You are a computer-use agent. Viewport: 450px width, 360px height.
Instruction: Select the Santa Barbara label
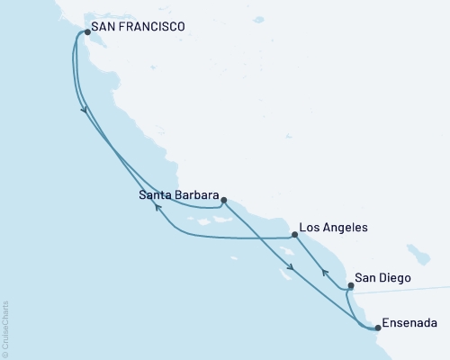coord(178,193)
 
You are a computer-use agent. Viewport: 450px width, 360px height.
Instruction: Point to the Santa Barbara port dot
coord(224,201)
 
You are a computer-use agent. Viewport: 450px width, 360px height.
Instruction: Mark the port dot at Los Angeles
coord(294,235)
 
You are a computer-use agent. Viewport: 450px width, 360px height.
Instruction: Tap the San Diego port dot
coord(350,286)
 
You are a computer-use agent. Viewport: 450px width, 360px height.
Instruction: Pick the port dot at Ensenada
coord(377,328)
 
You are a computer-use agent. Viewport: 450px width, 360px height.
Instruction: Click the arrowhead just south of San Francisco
coord(85,110)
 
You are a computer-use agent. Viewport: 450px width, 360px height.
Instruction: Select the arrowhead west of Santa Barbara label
coord(157,208)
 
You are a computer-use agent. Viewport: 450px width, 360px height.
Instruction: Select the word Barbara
coord(194,193)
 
